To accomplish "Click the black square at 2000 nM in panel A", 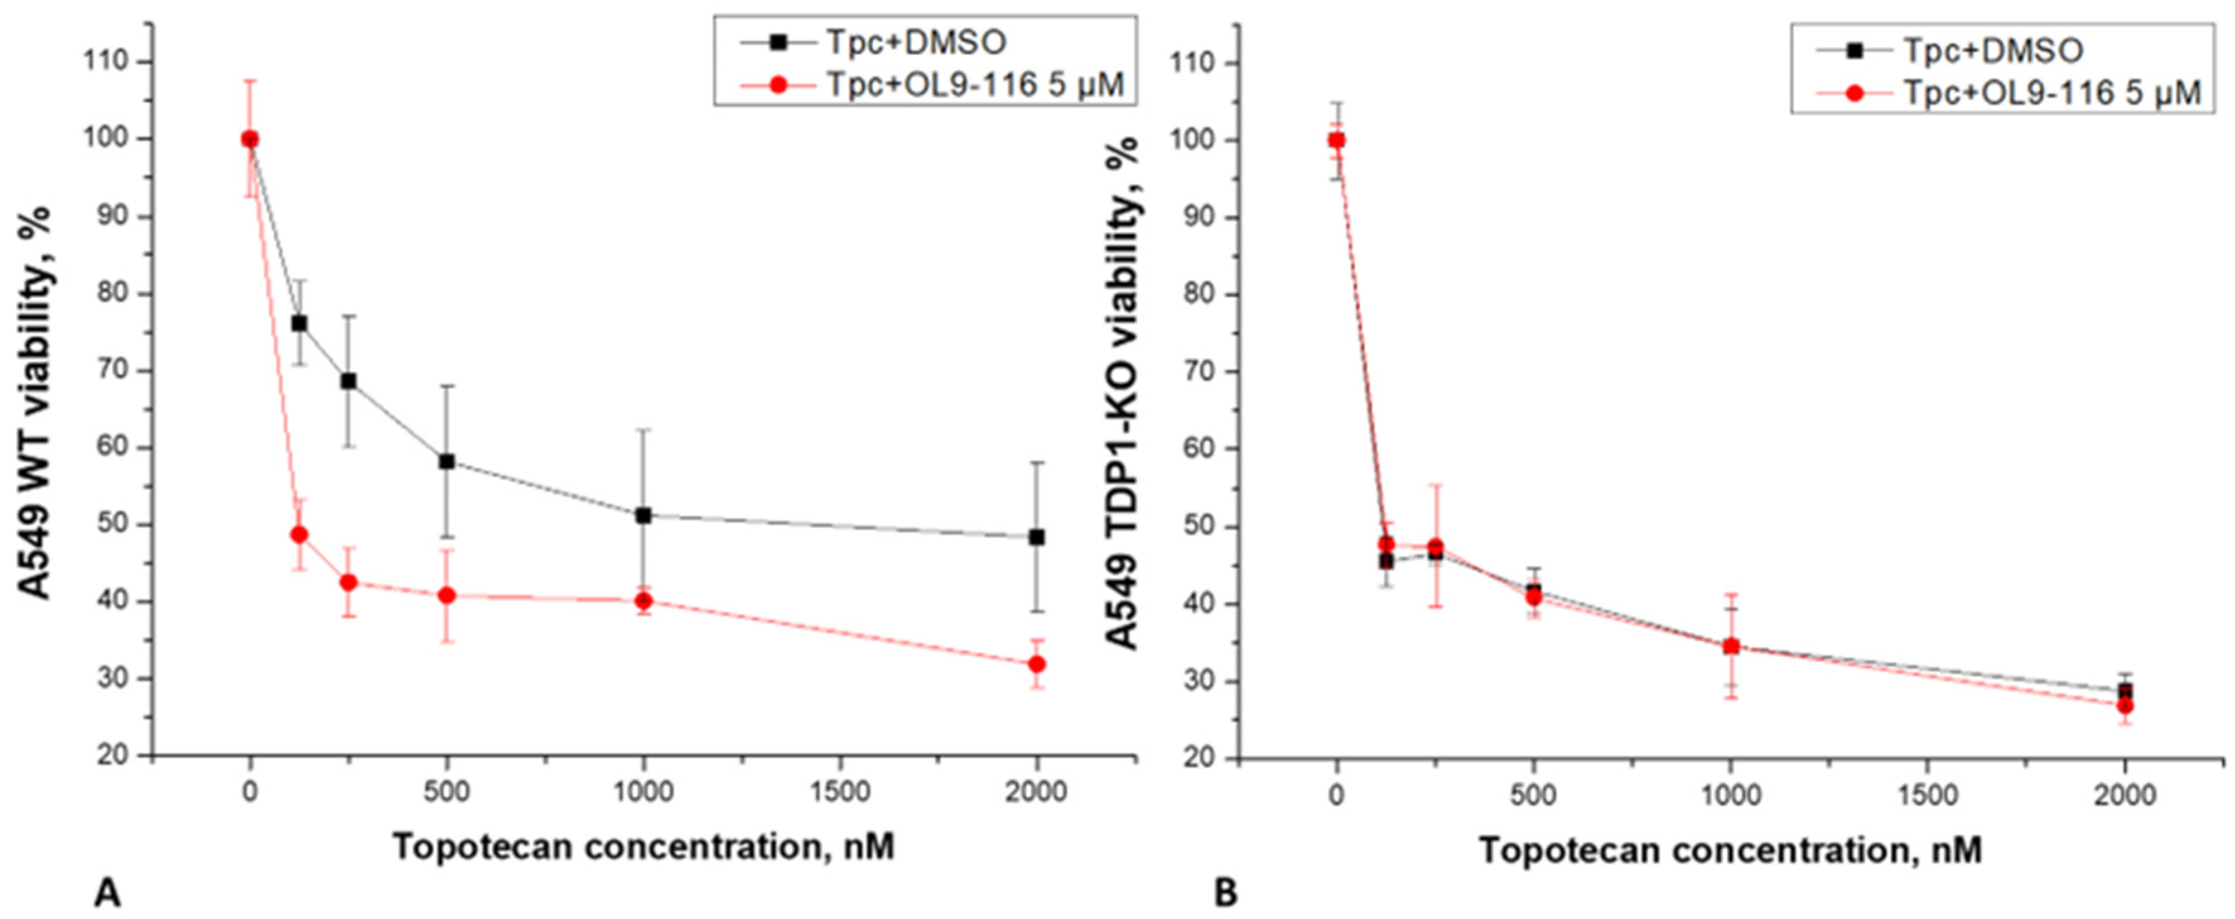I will (1036, 537).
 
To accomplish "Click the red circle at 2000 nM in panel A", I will (1036, 664).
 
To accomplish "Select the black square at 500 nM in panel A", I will (447, 461).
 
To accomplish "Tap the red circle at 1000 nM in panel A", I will (644, 600).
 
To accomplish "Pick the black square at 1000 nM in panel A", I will (644, 516).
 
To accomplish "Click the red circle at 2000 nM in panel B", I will (2125, 706).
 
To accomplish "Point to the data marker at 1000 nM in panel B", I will (1731, 646).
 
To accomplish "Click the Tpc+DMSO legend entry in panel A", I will (915, 41).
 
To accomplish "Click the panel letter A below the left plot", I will (107, 892).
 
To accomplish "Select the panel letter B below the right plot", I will (1225, 892).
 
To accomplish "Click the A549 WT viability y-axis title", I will (37, 403).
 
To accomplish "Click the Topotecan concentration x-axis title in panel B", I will (1730, 850).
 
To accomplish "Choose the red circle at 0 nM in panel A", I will (250, 139).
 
